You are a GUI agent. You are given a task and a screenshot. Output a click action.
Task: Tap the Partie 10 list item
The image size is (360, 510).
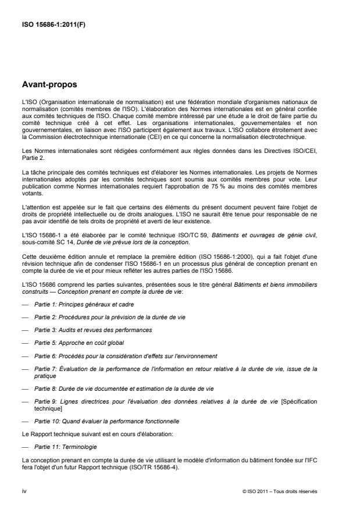[x=98, y=420]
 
